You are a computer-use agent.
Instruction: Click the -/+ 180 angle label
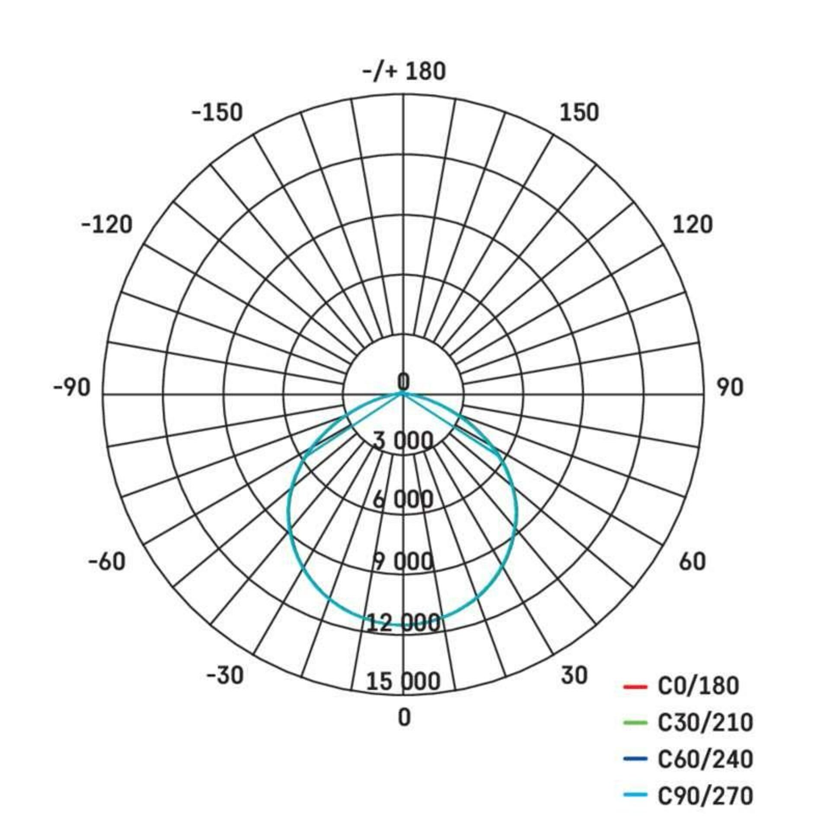tap(404, 71)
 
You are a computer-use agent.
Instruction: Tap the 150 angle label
tap(579, 112)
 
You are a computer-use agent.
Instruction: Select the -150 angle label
tap(217, 113)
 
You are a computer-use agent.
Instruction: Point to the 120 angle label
tap(693, 225)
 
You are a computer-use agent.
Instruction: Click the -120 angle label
tap(107, 225)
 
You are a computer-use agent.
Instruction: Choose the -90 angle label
tap(72, 387)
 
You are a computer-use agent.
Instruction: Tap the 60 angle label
tap(692, 562)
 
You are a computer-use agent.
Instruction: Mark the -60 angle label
tap(107, 562)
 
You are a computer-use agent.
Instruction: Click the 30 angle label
tap(575, 675)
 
